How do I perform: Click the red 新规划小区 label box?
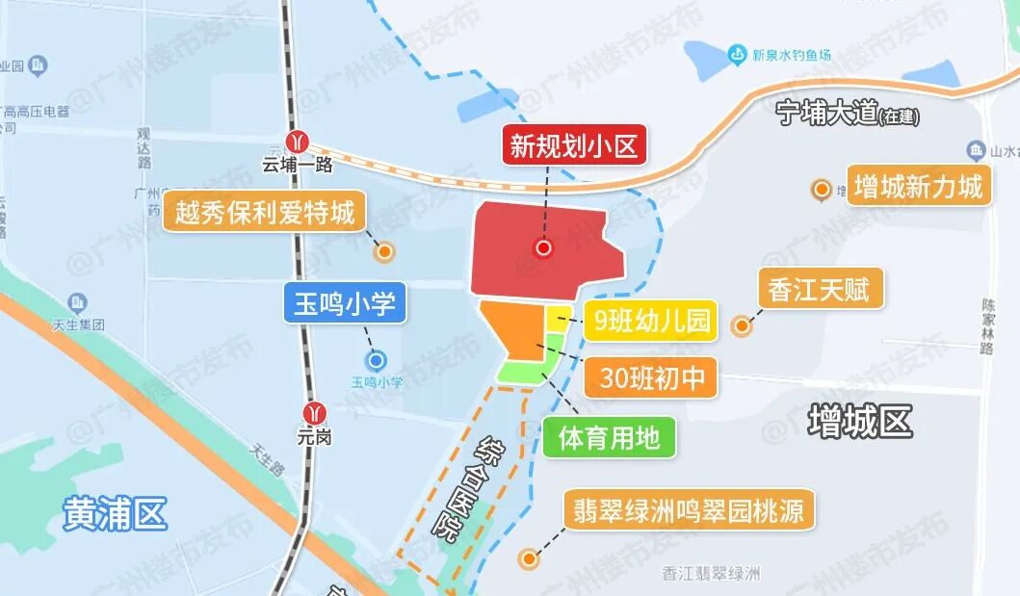(574, 146)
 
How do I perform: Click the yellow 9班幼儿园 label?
(651, 320)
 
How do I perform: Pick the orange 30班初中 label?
(652, 378)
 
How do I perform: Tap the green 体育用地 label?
(609, 437)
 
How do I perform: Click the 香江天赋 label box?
(820, 289)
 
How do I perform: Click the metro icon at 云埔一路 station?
(301, 142)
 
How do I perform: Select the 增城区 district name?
(859, 421)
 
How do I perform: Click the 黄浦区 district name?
(115, 513)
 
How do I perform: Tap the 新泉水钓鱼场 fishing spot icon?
(738, 53)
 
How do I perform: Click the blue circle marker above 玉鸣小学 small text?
(377, 361)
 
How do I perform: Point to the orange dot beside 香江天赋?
(742, 326)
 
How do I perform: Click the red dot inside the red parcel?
(543, 248)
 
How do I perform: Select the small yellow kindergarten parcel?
(559, 319)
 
